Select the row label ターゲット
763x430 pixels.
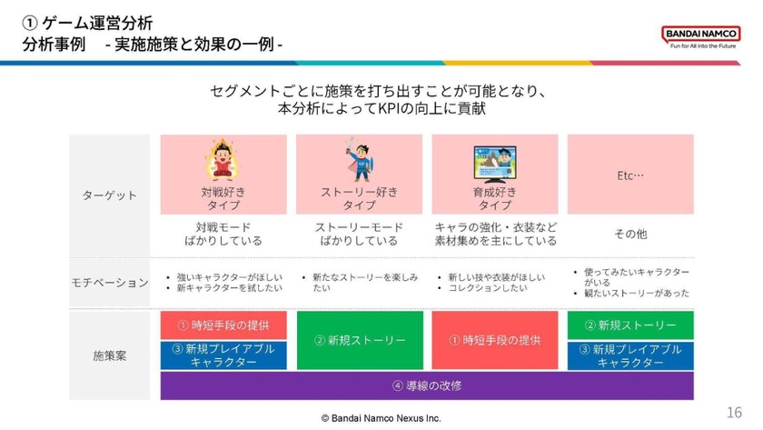click(109, 195)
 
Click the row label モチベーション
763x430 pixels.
click(109, 283)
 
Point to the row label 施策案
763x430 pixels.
click(109, 355)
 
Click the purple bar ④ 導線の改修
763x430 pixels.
click(427, 385)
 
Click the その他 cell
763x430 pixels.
click(629, 234)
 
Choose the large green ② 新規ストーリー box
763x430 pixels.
click(359, 340)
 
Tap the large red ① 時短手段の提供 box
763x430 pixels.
click(494, 340)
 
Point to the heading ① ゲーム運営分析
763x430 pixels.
click(87, 20)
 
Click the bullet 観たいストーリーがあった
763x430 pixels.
click(636, 294)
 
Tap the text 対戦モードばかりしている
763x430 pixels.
click(223, 234)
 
